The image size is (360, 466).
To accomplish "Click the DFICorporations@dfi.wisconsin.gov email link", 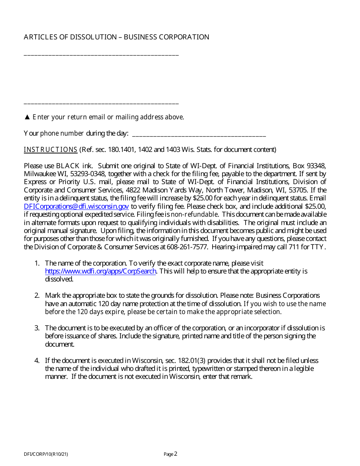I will [x=76, y=206].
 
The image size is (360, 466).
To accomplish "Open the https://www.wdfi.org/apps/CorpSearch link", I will [x=100, y=271].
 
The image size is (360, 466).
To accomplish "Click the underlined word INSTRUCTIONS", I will [x=50, y=150].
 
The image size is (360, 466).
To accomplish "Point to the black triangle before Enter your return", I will [x=27, y=117].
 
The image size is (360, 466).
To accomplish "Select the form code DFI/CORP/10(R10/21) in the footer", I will [x=46, y=454].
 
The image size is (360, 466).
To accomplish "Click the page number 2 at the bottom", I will [x=175, y=454].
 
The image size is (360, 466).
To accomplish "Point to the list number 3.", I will [x=37, y=328].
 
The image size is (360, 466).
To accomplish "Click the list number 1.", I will [x=37, y=263].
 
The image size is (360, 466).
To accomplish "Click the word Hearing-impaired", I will [x=235, y=247].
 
